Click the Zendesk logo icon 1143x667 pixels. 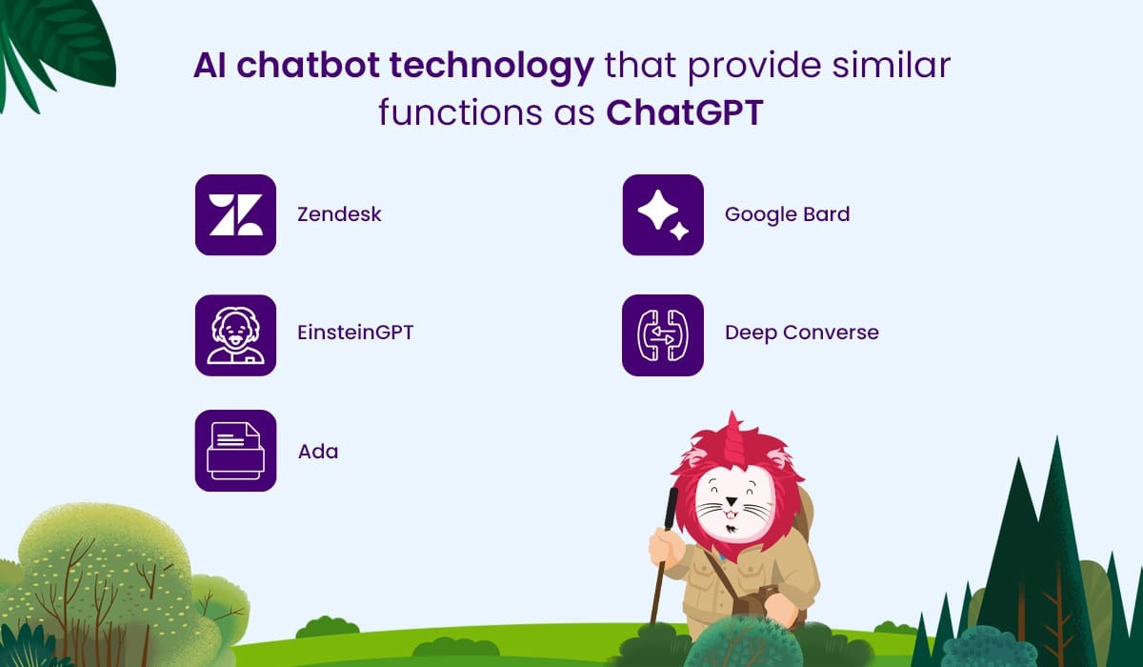pyautogui.click(x=236, y=214)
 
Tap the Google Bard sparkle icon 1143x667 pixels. pyautogui.click(x=663, y=214)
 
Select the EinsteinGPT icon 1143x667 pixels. pyautogui.click(x=236, y=335)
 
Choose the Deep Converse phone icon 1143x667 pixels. pyautogui.click(x=663, y=335)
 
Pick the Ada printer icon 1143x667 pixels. pyautogui.click(x=236, y=451)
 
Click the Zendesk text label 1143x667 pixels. pyautogui.click(x=339, y=214)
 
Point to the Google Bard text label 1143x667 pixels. pyautogui.click(x=788, y=214)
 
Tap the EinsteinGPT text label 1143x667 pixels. pyautogui.click(x=355, y=333)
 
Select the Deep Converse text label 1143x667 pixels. pyautogui.click(x=802, y=333)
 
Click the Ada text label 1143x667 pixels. pyautogui.click(x=318, y=452)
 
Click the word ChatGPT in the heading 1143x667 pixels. pyautogui.click(x=684, y=112)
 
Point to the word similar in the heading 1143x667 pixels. pyautogui.click(x=892, y=66)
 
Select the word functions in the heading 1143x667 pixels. pyautogui.click(x=461, y=112)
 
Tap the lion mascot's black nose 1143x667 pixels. pyautogui.click(x=732, y=501)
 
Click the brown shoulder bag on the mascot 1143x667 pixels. pyautogui.click(x=755, y=601)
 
